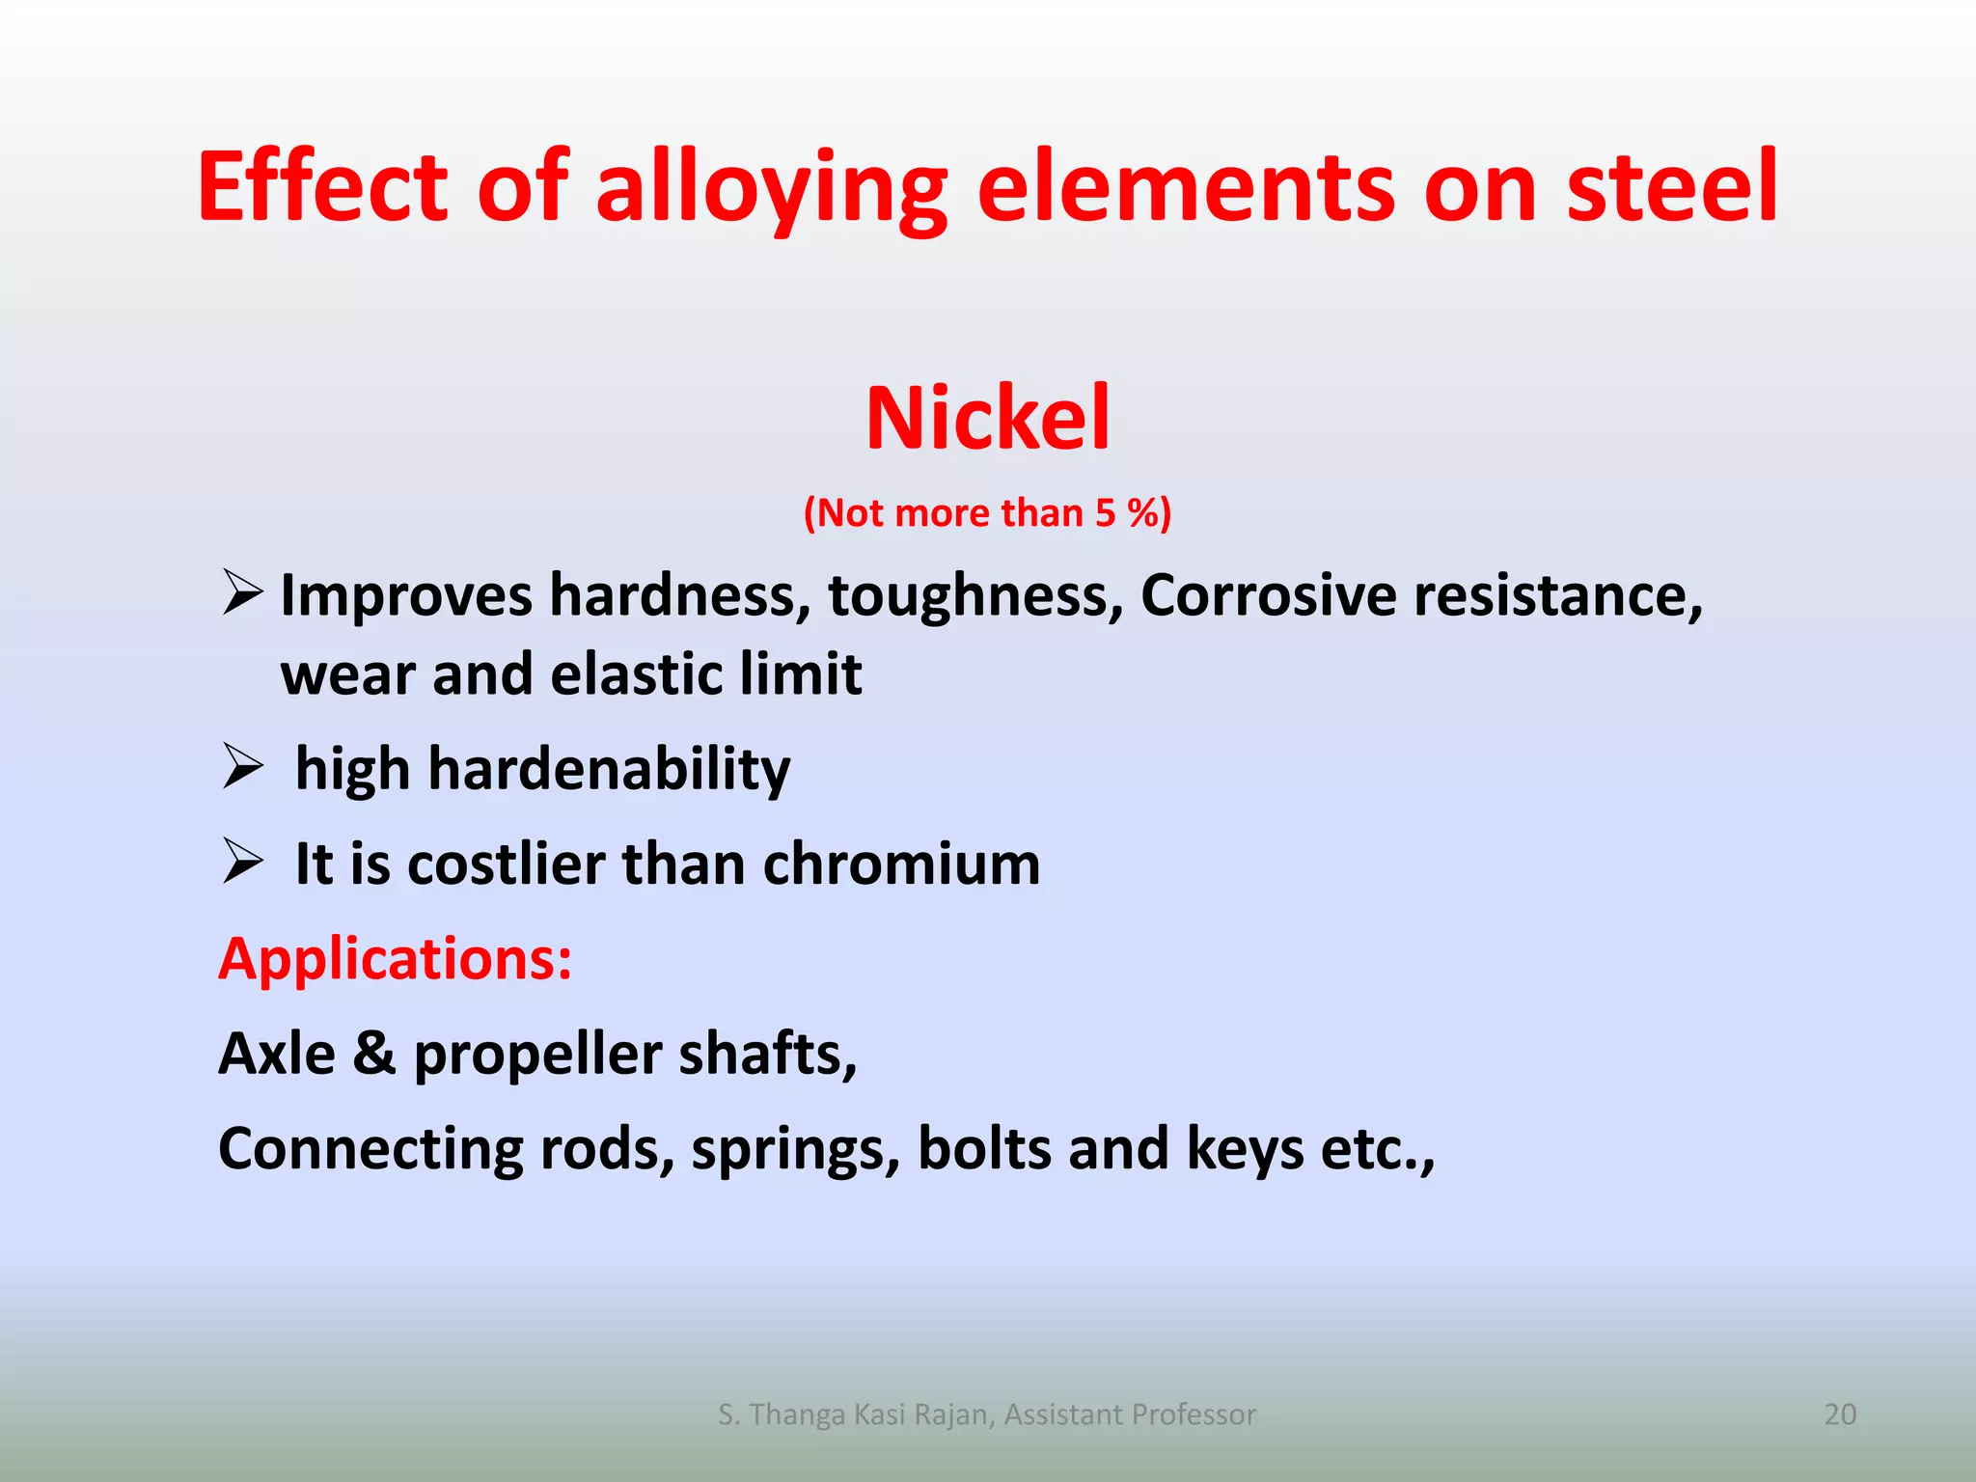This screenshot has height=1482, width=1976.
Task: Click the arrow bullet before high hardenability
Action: [x=242, y=766]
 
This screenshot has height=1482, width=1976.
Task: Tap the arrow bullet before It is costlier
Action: [x=242, y=861]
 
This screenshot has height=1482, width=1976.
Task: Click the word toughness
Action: [x=975, y=595]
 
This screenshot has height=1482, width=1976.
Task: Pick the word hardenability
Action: [x=609, y=769]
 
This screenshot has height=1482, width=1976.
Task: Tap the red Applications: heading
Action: [x=396, y=959]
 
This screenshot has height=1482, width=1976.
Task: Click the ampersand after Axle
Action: [x=374, y=1054]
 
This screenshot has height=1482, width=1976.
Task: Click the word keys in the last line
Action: [x=1245, y=1148]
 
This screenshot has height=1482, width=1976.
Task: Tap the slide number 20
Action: [x=1840, y=1413]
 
